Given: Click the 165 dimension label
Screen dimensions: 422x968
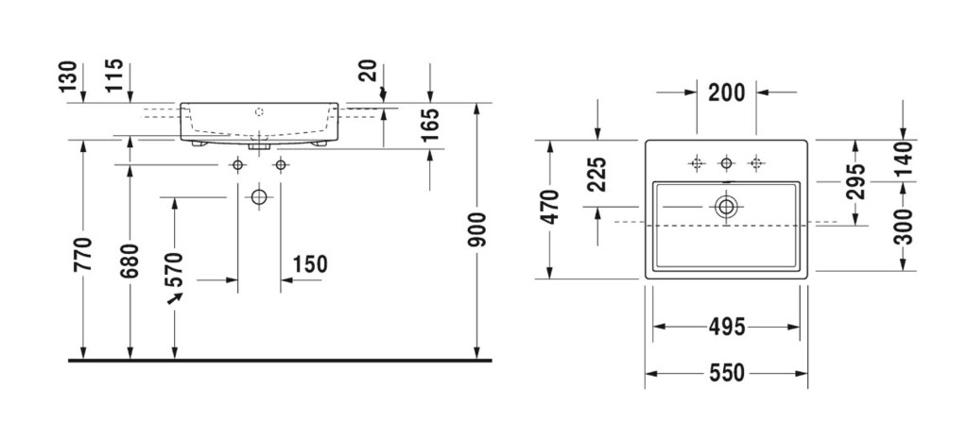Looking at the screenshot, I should click(431, 125).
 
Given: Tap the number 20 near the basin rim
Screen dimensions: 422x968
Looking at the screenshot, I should click(370, 71).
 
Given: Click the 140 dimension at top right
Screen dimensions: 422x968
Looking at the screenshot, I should click(904, 159).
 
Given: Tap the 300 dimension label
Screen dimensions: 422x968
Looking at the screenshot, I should click(904, 227).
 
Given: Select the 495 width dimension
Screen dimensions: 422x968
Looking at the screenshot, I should click(726, 328).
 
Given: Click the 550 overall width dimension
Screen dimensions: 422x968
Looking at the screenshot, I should click(726, 373).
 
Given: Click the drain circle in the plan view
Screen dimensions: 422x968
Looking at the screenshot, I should click(726, 206).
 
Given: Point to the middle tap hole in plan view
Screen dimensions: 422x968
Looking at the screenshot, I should click(726, 163).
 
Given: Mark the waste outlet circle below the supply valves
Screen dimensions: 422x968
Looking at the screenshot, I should click(258, 197).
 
